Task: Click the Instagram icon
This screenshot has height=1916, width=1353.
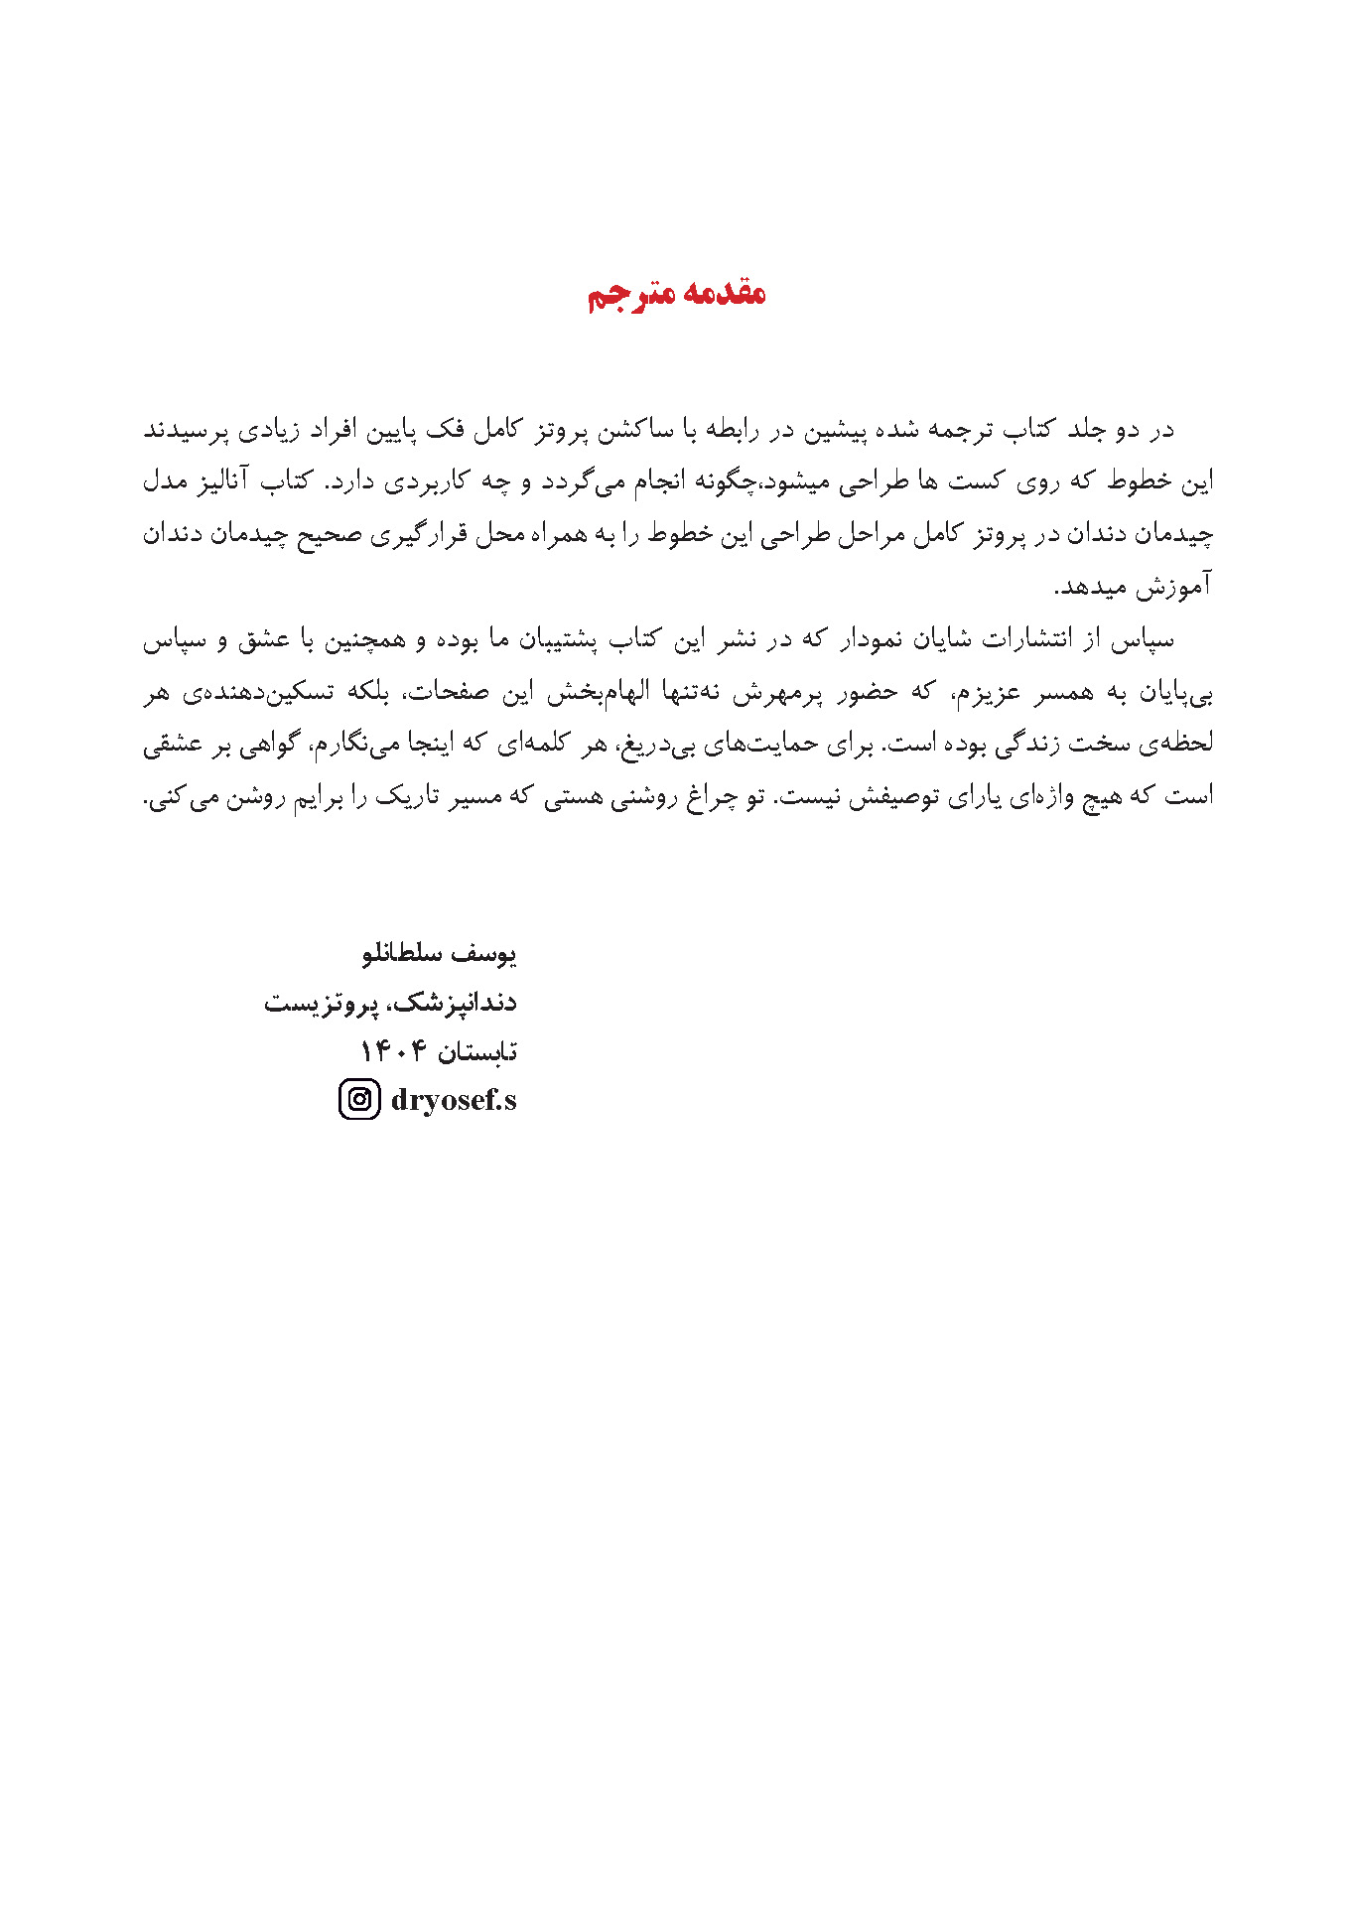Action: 359,1100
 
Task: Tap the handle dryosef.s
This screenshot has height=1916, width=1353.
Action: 454,1100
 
